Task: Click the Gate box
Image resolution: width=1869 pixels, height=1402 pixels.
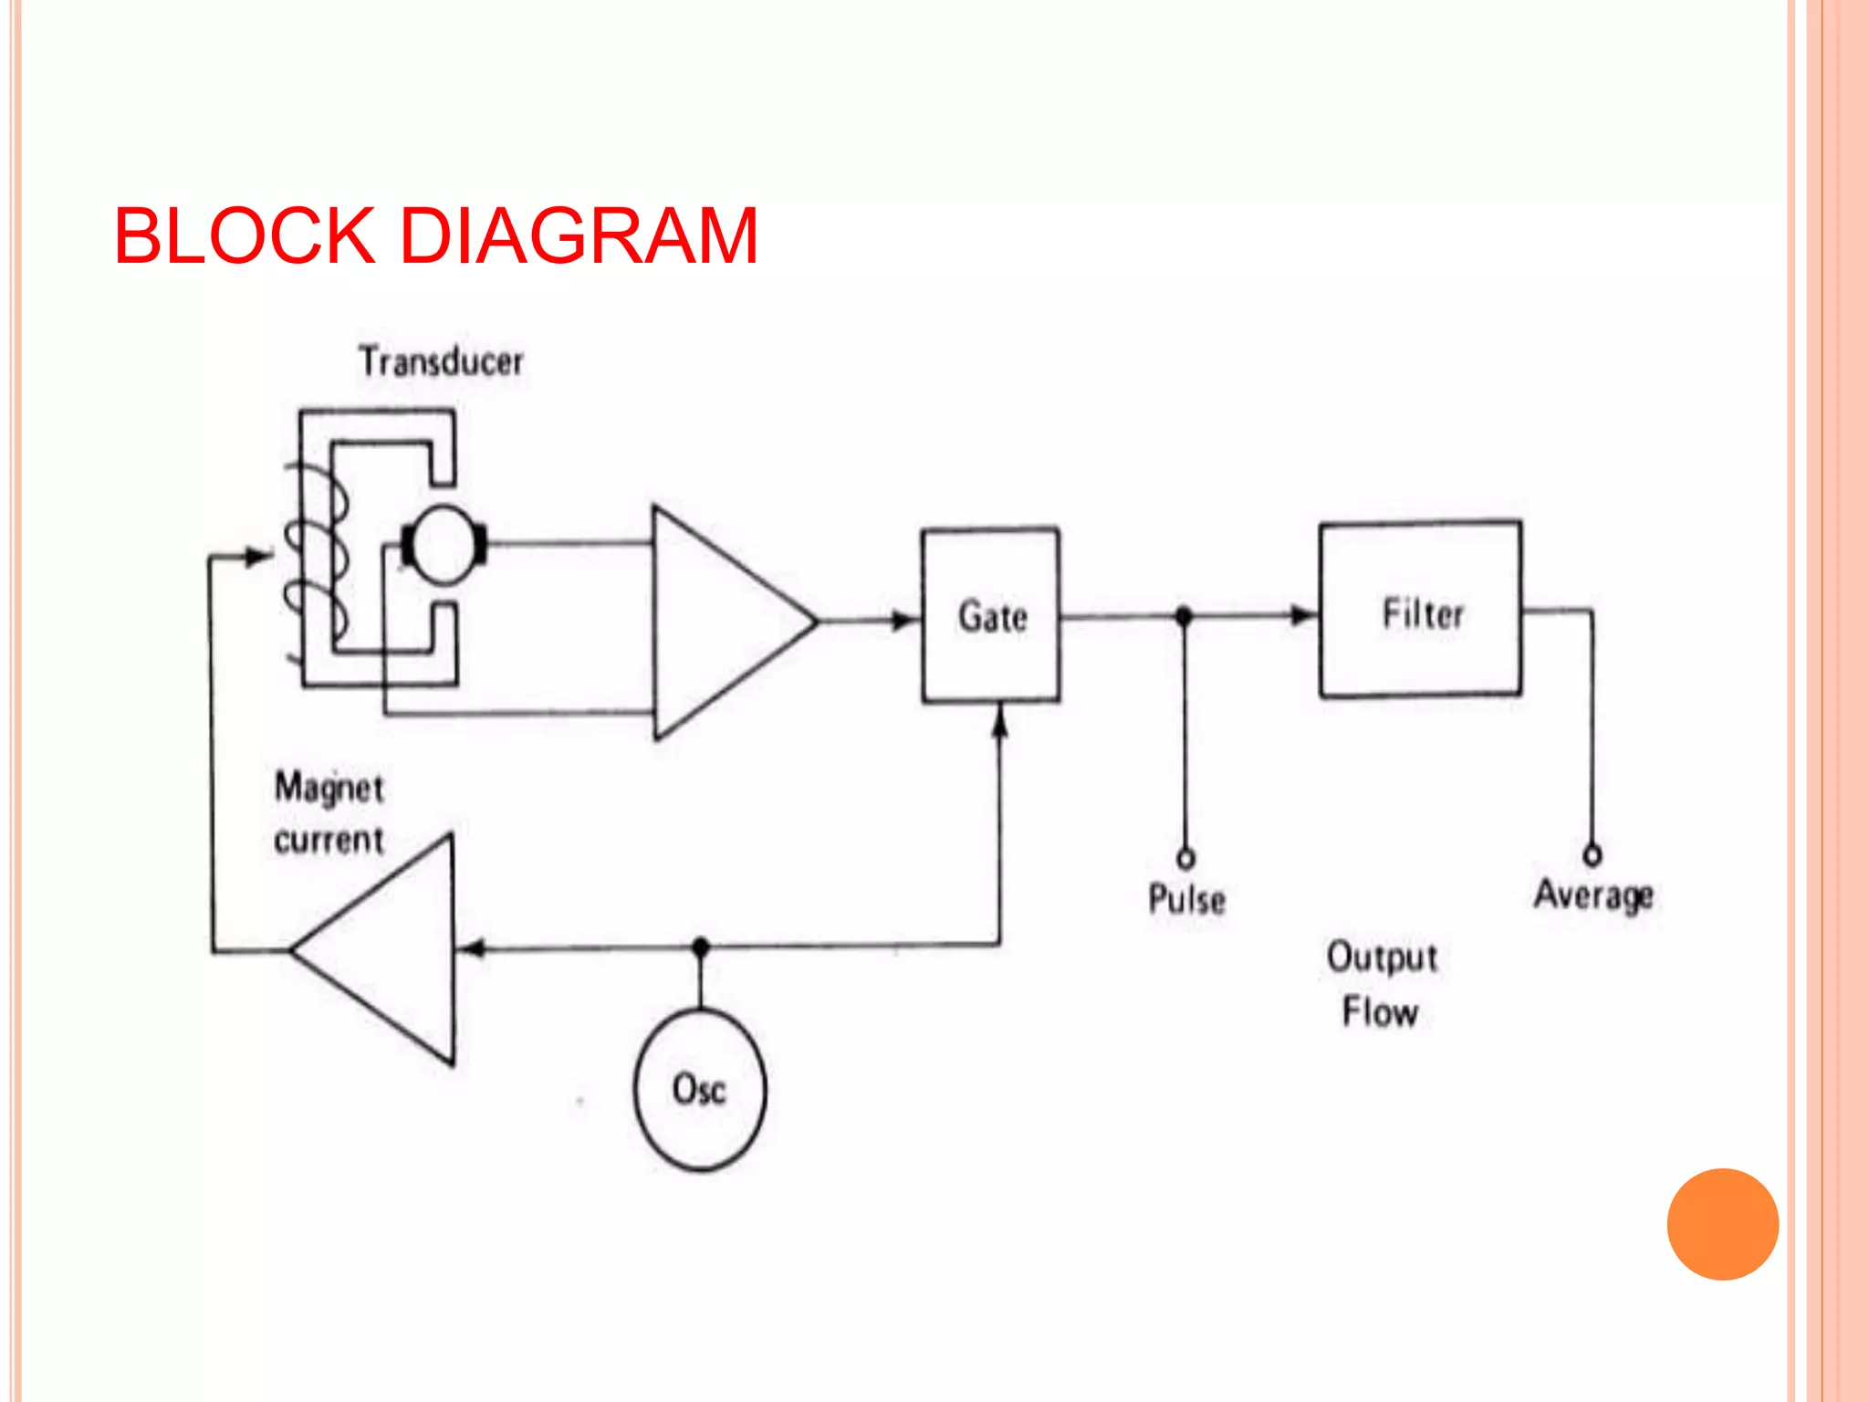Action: point(991,616)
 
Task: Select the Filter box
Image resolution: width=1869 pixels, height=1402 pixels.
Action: point(1420,610)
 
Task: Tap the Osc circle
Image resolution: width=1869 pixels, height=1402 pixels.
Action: point(700,1089)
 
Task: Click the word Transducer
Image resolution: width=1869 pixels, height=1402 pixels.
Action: point(441,361)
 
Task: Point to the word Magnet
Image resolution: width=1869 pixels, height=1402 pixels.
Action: point(329,788)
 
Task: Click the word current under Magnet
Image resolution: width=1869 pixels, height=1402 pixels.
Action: point(329,840)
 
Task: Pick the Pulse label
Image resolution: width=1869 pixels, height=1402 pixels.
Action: point(1186,899)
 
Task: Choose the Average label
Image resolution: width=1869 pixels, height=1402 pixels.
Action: point(1593,895)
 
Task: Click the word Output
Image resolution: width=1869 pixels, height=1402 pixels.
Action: point(1383,957)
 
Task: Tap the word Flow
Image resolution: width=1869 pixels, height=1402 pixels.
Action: point(1380,1012)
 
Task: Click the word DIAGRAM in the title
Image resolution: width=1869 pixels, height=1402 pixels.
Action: point(579,236)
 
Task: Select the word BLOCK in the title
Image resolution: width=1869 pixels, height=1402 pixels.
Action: point(245,236)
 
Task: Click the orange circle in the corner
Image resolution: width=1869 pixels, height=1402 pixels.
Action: point(1722,1224)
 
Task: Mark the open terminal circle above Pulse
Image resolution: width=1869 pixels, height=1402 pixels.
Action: point(1185,858)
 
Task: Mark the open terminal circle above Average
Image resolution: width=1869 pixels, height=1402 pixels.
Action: point(1592,855)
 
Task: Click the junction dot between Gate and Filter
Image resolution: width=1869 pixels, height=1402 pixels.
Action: point(1184,616)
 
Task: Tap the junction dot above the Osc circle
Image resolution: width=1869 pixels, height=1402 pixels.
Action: point(701,947)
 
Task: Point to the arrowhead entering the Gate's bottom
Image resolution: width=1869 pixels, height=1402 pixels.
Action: point(1000,722)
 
